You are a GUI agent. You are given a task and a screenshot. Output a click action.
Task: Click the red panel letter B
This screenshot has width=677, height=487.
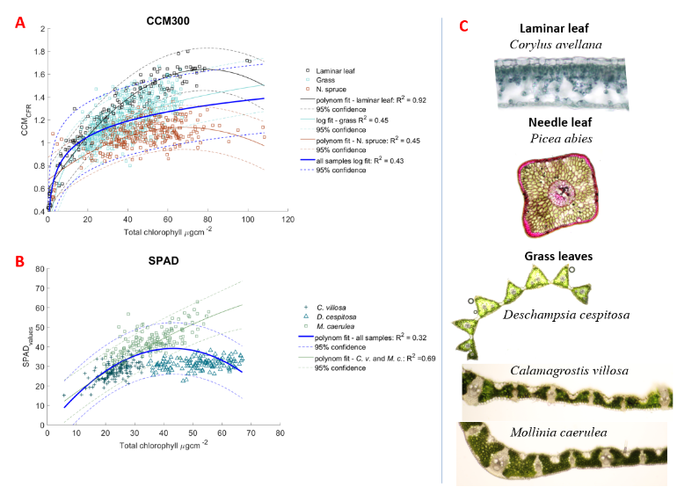click(18, 260)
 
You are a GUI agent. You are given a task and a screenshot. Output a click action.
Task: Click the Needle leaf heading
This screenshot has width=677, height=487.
click(565, 121)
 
